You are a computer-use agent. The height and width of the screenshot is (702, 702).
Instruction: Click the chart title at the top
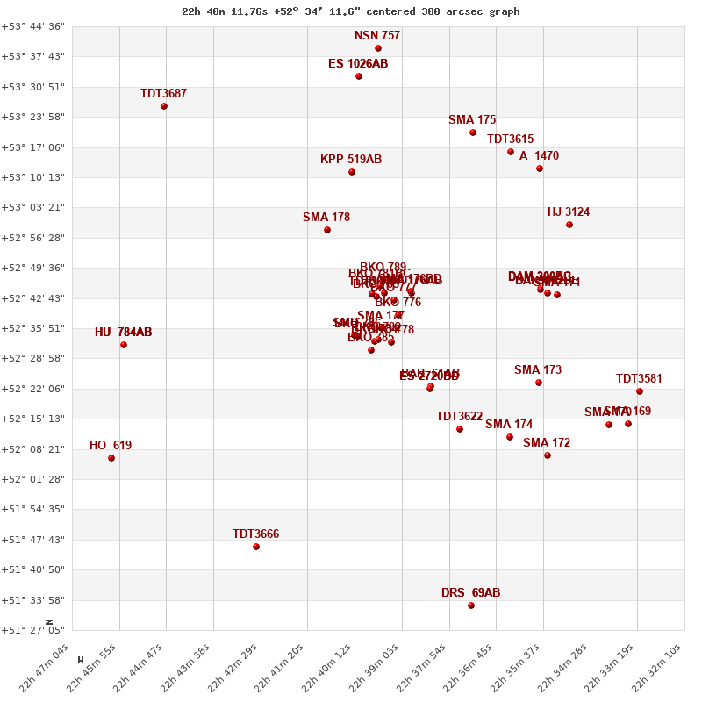click(350, 11)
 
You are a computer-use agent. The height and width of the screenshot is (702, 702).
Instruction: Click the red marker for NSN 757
click(378, 48)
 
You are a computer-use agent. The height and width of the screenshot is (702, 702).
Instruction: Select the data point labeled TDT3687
click(164, 106)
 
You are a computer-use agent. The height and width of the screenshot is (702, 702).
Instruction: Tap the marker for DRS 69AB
click(471, 605)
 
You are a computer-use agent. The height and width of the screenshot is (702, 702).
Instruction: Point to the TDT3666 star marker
click(256, 547)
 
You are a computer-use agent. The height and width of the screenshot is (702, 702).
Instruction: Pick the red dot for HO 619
click(111, 458)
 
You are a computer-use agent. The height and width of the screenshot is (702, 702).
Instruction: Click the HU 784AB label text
click(123, 333)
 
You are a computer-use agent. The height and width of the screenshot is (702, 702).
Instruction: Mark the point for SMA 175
click(473, 133)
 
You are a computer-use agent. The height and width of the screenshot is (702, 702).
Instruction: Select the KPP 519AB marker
click(352, 172)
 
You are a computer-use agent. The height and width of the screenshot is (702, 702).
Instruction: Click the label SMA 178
click(326, 218)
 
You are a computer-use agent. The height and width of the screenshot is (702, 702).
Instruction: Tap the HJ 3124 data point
click(569, 225)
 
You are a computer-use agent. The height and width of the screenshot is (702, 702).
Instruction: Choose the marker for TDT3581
click(640, 391)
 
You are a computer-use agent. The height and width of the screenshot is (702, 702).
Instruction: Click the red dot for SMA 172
click(548, 455)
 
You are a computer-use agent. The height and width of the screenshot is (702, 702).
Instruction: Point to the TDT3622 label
click(459, 417)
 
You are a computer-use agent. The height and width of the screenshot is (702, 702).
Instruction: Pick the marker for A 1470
click(540, 168)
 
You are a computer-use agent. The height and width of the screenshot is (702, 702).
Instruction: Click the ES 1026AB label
click(358, 64)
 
